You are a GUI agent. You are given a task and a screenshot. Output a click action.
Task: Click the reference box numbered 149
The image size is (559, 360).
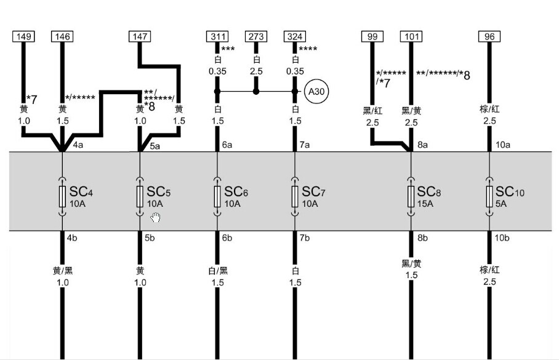pyautogui.click(x=24, y=36)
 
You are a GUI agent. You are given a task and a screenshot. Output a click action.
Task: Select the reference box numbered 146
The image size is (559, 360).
pyautogui.click(x=62, y=36)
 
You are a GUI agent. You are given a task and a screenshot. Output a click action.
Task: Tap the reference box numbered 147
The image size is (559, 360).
pyautogui.click(x=140, y=36)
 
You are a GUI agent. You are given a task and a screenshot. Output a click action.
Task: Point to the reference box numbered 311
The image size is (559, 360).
pyautogui.click(x=217, y=36)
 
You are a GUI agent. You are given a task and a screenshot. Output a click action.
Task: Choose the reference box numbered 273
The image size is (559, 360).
pyautogui.click(x=256, y=36)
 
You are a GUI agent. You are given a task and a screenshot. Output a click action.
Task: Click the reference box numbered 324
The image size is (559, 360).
pyautogui.click(x=295, y=36)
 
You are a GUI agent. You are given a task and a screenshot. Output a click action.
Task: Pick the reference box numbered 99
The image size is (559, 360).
pyautogui.click(x=372, y=36)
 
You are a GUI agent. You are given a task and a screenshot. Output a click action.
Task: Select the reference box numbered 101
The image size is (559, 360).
pyautogui.click(x=411, y=36)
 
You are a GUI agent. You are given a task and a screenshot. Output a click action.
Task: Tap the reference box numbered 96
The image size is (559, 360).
pyautogui.click(x=489, y=36)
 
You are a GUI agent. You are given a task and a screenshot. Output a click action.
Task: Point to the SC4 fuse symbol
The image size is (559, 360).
pyautogui.click(x=62, y=196)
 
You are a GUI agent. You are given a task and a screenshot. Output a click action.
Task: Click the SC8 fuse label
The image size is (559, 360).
pyautogui.click(x=429, y=192)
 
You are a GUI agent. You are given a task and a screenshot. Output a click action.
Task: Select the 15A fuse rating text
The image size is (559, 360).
pyautogui.click(x=425, y=204)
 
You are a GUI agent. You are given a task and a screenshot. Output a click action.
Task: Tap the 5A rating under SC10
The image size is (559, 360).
pyautogui.click(x=501, y=204)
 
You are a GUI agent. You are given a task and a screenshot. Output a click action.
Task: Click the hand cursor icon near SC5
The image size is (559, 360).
pyautogui.click(x=155, y=217)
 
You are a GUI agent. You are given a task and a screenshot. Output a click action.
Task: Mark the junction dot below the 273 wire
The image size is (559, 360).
pyautogui.click(x=256, y=92)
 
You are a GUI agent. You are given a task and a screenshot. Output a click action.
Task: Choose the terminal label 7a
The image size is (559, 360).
pyautogui.click(x=305, y=145)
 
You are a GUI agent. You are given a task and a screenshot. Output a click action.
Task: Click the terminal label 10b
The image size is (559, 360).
pyautogui.click(x=502, y=238)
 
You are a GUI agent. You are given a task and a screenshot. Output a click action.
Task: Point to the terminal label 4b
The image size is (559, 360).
pyautogui.click(x=72, y=238)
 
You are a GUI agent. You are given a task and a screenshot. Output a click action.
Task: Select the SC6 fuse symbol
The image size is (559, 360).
pyautogui.click(x=217, y=196)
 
